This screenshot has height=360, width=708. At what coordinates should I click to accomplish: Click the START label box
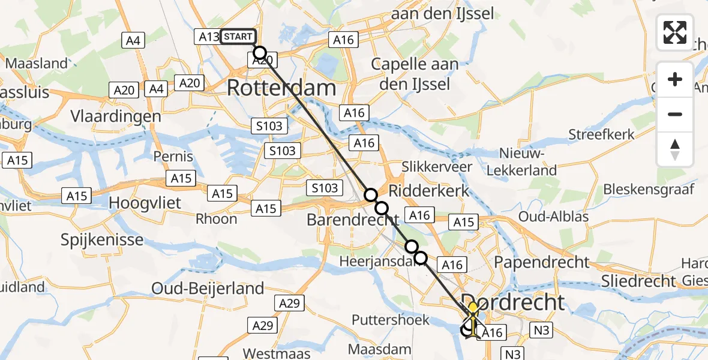point(238,37)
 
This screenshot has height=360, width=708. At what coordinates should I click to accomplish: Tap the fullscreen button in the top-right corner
point(675,32)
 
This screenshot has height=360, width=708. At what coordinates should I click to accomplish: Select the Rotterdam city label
point(281,89)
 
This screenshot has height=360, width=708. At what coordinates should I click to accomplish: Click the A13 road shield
point(209,37)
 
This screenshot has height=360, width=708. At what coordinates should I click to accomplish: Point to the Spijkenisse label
point(102,240)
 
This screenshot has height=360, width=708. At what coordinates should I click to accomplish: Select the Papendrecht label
point(541,262)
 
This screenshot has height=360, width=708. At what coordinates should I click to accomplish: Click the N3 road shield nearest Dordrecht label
point(542,329)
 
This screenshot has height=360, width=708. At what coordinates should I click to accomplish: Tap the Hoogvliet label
point(145,203)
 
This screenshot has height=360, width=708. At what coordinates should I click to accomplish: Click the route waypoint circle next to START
point(259,52)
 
